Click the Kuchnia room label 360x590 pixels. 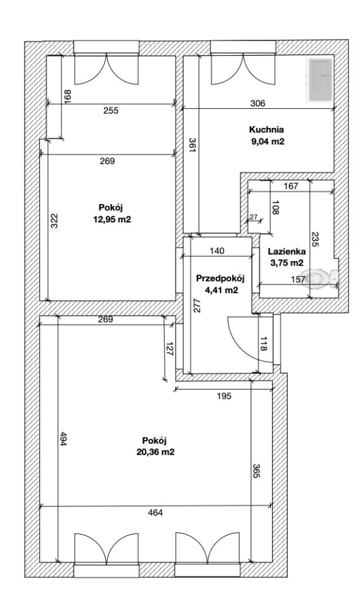(x=267, y=130)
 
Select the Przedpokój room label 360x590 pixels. (x=221, y=278)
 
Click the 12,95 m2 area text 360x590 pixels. (x=112, y=219)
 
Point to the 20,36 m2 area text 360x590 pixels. (x=155, y=452)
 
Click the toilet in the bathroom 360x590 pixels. (x=322, y=278)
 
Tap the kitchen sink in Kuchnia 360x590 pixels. (x=320, y=81)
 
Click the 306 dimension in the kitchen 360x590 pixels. (x=257, y=103)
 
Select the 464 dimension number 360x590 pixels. (x=155, y=513)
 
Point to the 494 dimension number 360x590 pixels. (x=63, y=438)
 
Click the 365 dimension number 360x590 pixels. (x=256, y=471)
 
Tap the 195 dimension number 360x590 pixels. (x=224, y=396)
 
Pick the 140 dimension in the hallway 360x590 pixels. (x=217, y=251)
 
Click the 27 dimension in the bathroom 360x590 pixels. (x=254, y=217)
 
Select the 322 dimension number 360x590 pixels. (x=54, y=221)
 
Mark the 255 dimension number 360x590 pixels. (x=111, y=111)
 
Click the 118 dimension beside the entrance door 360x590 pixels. (x=264, y=344)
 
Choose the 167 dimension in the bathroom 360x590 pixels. (x=291, y=186)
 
